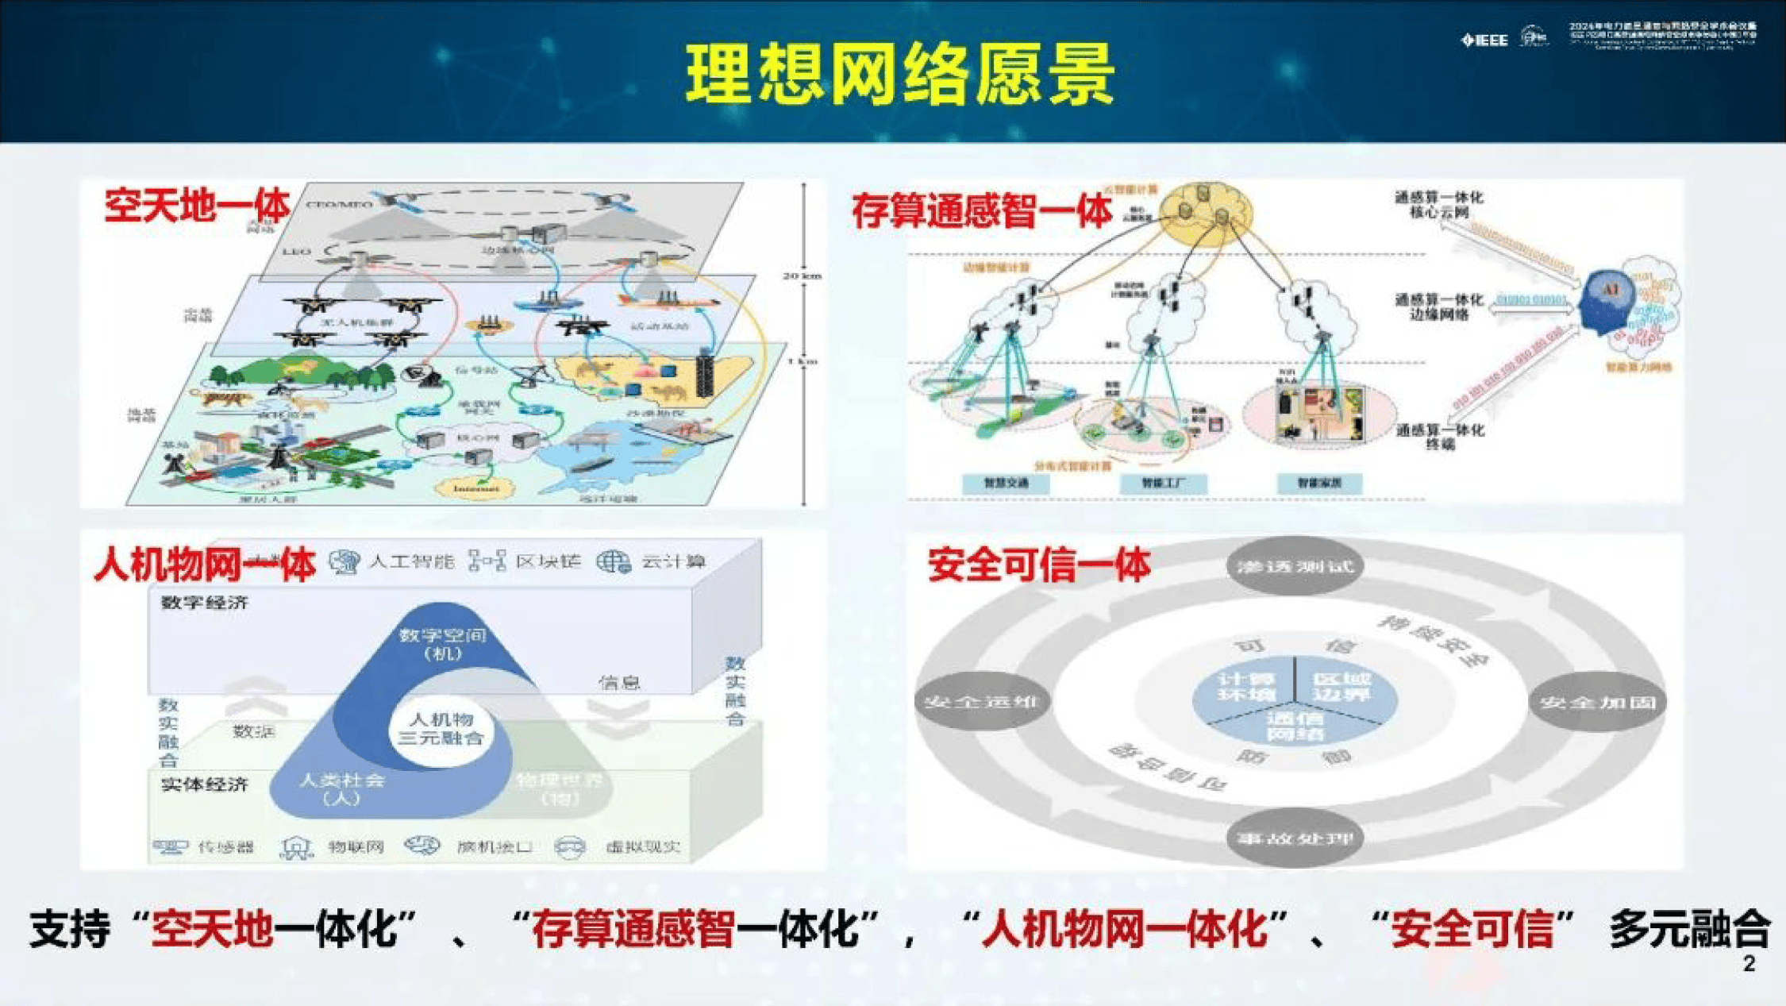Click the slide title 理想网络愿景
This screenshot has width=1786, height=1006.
pos(899,74)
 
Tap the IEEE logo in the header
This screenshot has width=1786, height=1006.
pos(1484,40)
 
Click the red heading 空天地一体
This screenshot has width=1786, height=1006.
pos(198,206)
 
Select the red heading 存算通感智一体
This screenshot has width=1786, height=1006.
pos(980,211)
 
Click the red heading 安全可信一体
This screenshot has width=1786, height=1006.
pos(1038,565)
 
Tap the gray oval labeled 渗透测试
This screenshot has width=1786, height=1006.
pos(1295,566)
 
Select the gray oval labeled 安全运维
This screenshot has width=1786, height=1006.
pos(982,702)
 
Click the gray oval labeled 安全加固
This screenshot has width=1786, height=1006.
pos(1597,702)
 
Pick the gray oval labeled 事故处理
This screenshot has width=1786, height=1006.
pos(1295,838)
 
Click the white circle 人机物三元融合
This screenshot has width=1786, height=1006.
pos(441,729)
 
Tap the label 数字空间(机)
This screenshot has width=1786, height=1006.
pos(442,644)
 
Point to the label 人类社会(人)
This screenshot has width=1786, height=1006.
pos(341,788)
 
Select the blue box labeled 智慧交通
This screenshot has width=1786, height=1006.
pos(1006,483)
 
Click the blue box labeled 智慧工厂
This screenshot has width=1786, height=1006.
pos(1164,483)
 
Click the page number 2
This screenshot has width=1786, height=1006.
pos(1749,964)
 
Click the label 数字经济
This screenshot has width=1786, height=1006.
pos(205,603)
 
